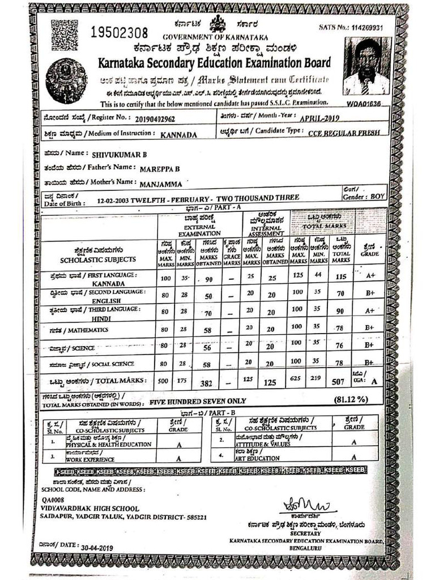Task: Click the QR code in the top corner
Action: click(65, 36)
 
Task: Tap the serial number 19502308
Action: click(120, 32)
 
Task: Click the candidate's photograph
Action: click(366, 67)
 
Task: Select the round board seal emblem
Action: click(66, 81)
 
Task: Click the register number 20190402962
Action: click(155, 120)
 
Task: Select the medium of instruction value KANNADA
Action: click(178, 135)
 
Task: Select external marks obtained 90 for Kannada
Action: click(208, 280)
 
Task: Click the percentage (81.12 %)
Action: click(351, 399)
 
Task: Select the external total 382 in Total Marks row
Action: click(206, 383)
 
